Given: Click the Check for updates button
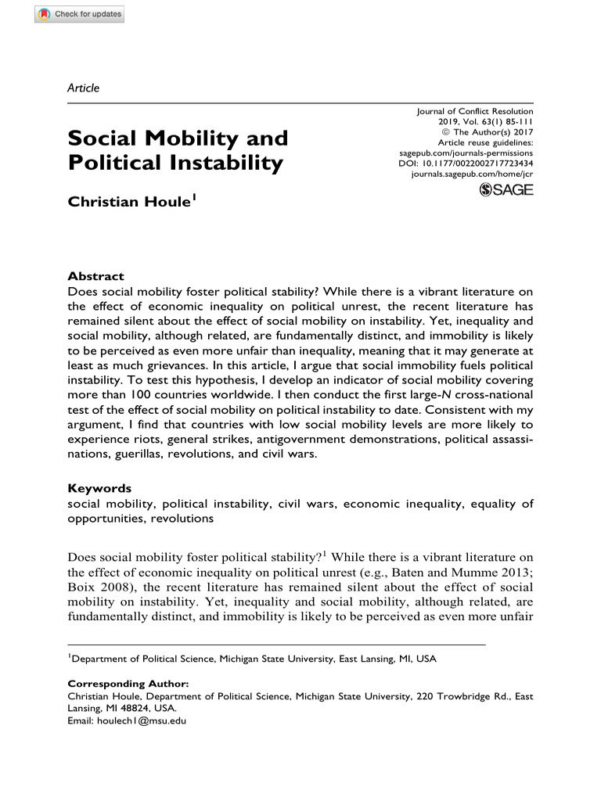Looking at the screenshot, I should pos(79,14).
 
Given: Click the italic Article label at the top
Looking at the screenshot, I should pos(84,88).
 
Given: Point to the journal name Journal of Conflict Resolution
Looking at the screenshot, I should pos(474,112).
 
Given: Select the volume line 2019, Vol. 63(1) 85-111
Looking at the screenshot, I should pos(485,122).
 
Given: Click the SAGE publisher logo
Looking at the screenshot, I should pos(506,190).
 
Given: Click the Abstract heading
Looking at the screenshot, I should pos(95,276).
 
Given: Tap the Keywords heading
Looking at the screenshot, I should pos(99,488).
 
